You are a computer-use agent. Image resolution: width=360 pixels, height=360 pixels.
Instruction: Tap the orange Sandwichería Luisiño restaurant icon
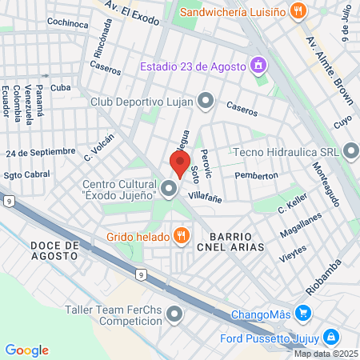point(298,11)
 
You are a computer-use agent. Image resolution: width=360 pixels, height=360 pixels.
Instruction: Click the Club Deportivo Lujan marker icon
point(206,101)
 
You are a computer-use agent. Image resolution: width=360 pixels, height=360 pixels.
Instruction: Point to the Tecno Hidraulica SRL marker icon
point(351,150)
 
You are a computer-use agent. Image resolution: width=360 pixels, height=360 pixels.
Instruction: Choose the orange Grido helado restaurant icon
point(182,235)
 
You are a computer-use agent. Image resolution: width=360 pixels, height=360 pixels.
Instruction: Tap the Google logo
point(26,350)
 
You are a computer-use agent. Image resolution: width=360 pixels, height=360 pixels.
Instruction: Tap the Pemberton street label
point(256,175)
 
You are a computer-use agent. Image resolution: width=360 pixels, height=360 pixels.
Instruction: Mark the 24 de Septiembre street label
point(41,151)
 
